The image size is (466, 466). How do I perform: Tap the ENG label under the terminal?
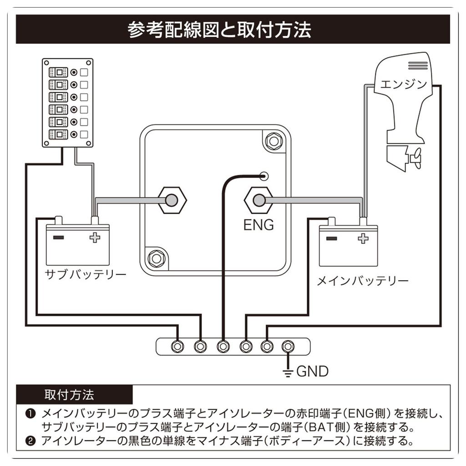pyautogui.click(x=258, y=224)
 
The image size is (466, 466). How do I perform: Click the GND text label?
pyautogui.click(x=312, y=371)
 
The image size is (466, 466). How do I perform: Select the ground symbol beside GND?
pyautogui.click(x=287, y=372)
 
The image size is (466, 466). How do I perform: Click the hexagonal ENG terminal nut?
pyautogui.click(x=258, y=200)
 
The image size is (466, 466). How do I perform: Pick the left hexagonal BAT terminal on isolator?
pyautogui.click(x=172, y=200)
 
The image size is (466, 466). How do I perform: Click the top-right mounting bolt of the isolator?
pyautogui.click(x=274, y=141)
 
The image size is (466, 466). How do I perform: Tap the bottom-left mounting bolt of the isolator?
pyautogui.click(x=156, y=258)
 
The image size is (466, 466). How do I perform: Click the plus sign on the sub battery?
pyautogui.click(x=95, y=238)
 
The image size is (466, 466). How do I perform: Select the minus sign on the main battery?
pyautogui.click(x=331, y=238)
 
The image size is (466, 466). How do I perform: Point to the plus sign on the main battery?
pyautogui.click(x=363, y=238)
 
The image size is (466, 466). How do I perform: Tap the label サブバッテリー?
pyautogui.click(x=85, y=274)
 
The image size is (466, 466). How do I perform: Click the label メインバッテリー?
pyautogui.click(x=362, y=281)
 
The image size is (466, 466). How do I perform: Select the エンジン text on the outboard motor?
pyautogui.click(x=403, y=84)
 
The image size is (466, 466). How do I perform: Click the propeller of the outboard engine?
pyautogui.click(x=415, y=158)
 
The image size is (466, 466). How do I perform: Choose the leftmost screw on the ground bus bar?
pyautogui.click(x=177, y=346)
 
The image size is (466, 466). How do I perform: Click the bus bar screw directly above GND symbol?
pyautogui.click(x=287, y=346)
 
